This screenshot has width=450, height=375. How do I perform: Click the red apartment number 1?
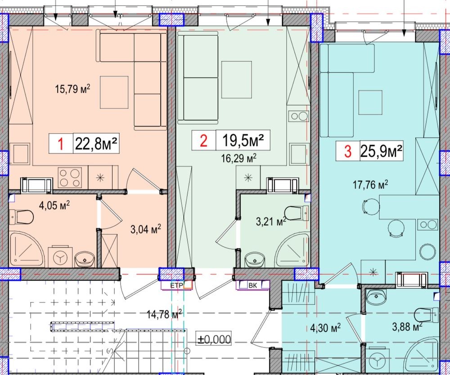(x=61, y=144)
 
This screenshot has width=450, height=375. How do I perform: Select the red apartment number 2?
(x=203, y=141)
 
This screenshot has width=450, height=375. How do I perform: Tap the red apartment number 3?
(x=348, y=151)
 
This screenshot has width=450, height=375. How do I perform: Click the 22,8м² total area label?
(x=96, y=143)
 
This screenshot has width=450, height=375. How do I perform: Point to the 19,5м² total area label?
(x=243, y=140)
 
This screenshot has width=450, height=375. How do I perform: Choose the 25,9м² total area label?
(x=381, y=151)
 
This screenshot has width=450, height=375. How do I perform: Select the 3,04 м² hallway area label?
(x=145, y=229)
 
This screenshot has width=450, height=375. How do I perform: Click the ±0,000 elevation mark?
(x=214, y=339)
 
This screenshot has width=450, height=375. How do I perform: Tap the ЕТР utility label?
(x=176, y=285)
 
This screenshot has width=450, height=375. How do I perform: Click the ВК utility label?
(x=253, y=285)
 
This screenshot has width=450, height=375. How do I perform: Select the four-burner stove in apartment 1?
(x=70, y=178)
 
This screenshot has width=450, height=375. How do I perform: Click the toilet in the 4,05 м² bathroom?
(x=21, y=217)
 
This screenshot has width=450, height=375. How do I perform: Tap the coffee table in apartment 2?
(x=237, y=80)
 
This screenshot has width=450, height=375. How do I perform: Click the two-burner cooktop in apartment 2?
(x=299, y=116)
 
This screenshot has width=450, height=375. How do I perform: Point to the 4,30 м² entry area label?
(x=325, y=327)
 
